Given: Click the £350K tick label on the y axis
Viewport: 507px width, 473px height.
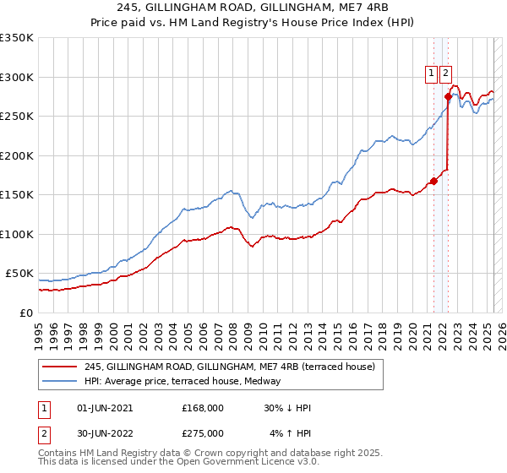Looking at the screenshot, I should (16, 38).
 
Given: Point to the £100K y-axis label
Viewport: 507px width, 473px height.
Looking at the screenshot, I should (16, 234).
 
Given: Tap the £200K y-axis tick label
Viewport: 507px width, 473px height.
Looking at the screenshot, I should (16, 155).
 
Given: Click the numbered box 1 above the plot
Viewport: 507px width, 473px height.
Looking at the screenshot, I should (431, 73).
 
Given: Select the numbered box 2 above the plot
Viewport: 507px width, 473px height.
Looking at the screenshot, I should (445, 73).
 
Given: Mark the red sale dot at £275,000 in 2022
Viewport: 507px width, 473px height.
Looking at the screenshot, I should (449, 96).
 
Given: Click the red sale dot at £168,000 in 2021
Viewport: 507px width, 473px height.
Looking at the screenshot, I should (433, 180).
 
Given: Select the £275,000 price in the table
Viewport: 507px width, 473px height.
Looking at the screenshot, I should (203, 433).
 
